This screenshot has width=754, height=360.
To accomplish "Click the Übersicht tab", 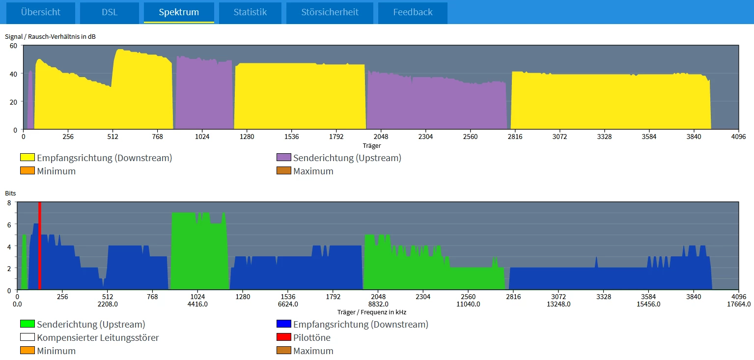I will (x=40, y=12).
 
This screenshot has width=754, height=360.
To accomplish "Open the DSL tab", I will (x=110, y=12).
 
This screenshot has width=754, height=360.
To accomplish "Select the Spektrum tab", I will (x=179, y=12).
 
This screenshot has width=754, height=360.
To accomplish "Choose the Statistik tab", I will (x=250, y=12).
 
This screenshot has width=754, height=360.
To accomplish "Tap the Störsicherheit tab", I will (x=330, y=12).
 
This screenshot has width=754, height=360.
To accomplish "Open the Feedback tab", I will (x=413, y=12).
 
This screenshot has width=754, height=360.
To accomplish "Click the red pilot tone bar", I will (x=40, y=246).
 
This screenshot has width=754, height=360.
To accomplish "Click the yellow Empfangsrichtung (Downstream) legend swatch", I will (x=28, y=158).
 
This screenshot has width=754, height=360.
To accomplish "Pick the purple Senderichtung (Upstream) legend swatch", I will (x=284, y=158).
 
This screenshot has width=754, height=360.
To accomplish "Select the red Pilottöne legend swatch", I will (x=284, y=337).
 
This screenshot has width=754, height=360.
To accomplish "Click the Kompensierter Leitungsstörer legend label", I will (x=98, y=337).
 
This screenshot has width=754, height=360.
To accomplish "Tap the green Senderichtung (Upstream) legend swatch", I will (x=28, y=324).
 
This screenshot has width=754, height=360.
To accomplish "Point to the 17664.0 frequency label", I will (x=738, y=304).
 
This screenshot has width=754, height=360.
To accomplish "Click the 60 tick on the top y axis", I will (x=13, y=46).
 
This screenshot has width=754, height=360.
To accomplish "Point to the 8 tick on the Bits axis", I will (x=9, y=202).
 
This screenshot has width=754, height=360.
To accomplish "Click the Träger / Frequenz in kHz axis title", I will (x=371, y=312).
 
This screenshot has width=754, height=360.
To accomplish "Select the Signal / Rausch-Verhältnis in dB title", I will (x=50, y=37).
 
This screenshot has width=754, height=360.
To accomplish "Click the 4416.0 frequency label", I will (x=197, y=304).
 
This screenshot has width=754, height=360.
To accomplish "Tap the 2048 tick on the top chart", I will (x=381, y=137).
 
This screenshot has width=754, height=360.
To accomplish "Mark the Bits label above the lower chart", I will (x=10, y=194).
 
